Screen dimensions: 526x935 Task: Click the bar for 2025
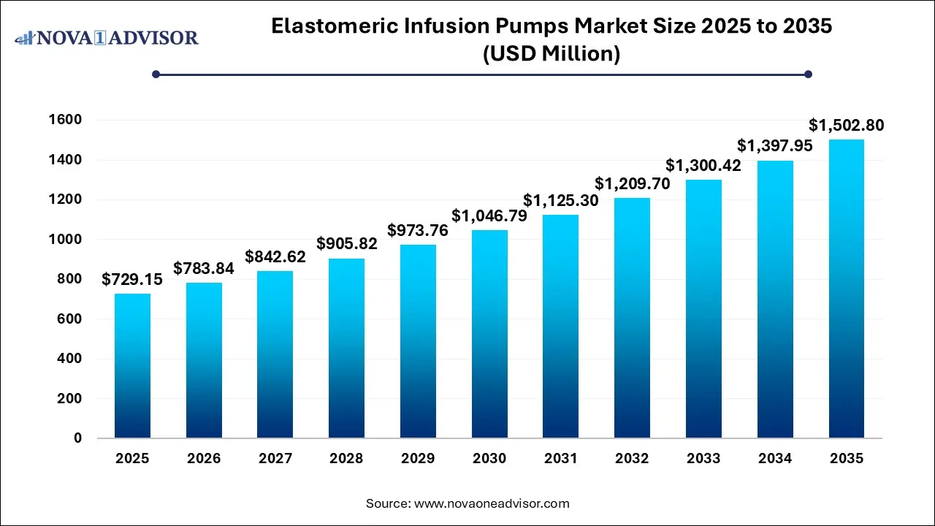coord(132,366)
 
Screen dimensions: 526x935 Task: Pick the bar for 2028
coord(346,348)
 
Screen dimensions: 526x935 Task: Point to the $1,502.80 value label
coord(846,126)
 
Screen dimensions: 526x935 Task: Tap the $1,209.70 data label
coord(633,183)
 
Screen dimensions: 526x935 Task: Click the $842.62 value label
coord(275,256)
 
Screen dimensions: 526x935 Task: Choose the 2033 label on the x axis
coord(703,459)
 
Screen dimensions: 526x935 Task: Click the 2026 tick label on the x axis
coord(204,459)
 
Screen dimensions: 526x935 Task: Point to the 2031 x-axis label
coord(561,459)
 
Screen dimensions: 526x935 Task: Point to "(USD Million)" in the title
coord(552,53)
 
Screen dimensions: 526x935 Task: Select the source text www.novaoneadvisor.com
coord(491,503)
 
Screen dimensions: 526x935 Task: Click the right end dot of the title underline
coord(808,74)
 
